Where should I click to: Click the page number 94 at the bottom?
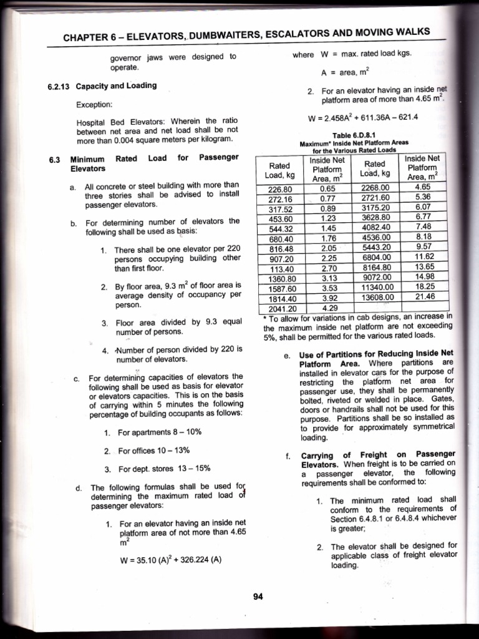click(258, 597)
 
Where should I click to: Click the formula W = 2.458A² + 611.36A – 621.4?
click(362, 117)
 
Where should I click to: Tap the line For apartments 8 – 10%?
click(159, 432)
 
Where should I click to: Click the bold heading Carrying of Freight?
click(337, 454)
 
